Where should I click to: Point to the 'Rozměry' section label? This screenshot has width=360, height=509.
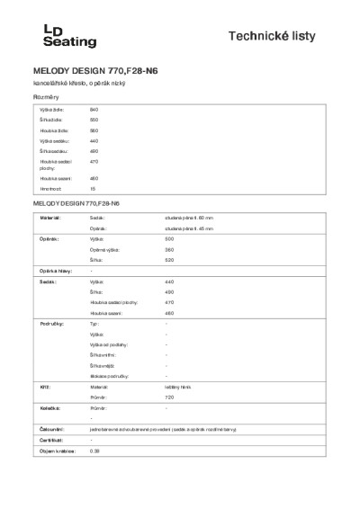tap(46, 95)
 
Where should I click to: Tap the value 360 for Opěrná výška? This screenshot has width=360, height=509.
tap(169, 250)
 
